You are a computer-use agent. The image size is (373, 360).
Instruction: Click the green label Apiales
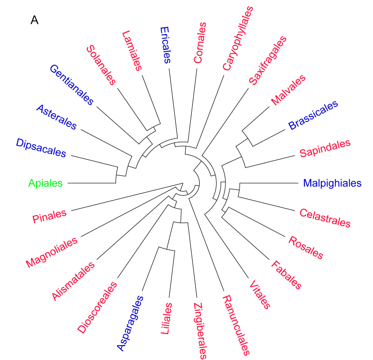pos(46,184)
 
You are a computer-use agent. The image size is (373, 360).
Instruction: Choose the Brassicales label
pos(313,116)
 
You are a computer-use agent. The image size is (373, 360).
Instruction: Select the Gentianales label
pos(72,85)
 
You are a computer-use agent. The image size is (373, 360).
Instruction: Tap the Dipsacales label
pos(41,148)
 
